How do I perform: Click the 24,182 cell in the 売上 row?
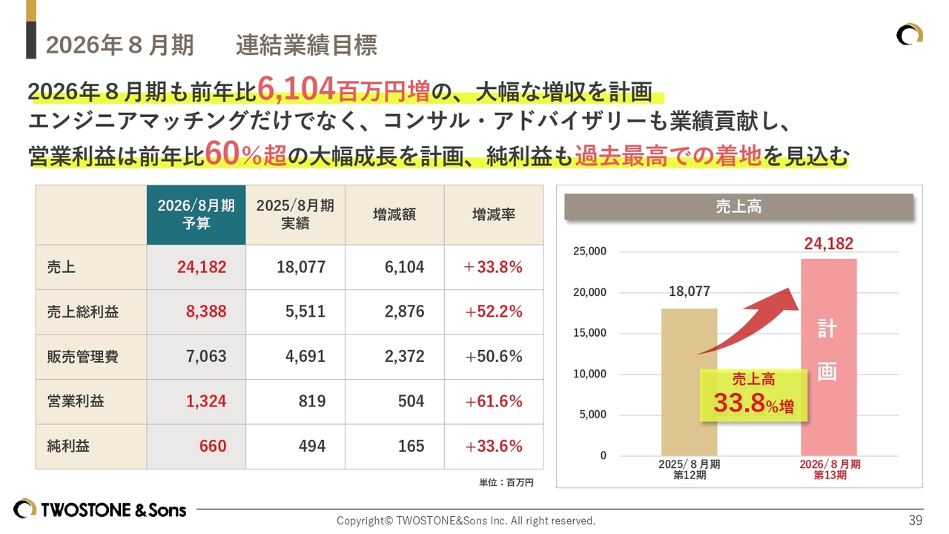202,267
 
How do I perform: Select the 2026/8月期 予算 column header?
196,214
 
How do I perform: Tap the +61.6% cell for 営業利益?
494,401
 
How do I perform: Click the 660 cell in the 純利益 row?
213,446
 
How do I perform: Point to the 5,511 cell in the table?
305,311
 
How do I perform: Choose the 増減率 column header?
494,214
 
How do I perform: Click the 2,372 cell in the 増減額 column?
404,357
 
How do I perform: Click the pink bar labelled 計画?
828,356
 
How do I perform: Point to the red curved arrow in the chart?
749,319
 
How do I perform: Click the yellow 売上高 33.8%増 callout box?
753,395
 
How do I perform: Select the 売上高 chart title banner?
738,207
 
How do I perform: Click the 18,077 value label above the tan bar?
690,291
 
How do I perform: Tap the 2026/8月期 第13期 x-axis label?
830,469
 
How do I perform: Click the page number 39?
916,520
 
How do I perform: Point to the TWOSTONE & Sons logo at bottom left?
100,510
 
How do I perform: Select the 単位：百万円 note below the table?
506,482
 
